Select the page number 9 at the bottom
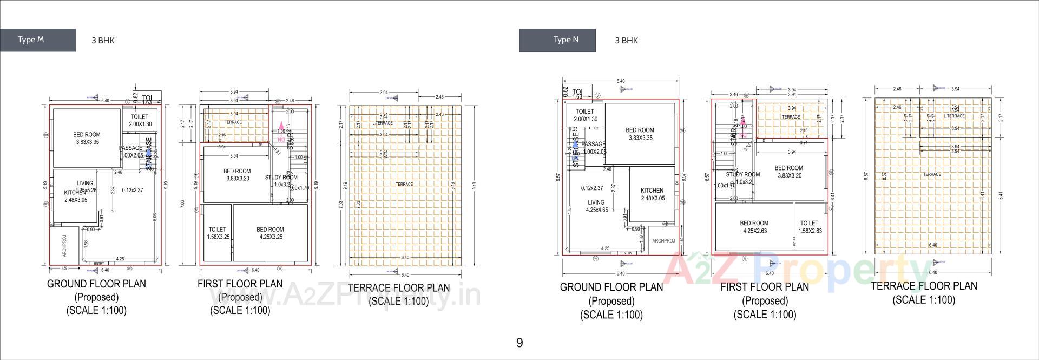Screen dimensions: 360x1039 pos(519,343)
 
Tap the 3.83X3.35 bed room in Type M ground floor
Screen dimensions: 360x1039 pos(87,138)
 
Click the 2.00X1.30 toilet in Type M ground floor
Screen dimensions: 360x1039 pos(140,120)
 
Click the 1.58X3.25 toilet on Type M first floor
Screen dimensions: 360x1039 pos(217,233)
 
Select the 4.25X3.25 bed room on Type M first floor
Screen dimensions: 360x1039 pos(270,233)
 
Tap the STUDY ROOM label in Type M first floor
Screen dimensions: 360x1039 pos(281,178)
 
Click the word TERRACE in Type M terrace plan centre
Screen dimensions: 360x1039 pos(404,184)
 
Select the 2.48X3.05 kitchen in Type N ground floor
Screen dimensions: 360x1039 pos(652,194)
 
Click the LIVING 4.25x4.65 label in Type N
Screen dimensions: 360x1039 pos(597,206)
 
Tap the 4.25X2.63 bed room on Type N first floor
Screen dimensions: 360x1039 pos(754,227)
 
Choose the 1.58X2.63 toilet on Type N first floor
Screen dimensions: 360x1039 pos(810,227)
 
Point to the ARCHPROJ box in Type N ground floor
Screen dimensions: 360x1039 pos(663,241)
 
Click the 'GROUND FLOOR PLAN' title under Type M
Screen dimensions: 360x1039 pos(96,284)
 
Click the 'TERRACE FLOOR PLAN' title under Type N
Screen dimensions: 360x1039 pos(924,286)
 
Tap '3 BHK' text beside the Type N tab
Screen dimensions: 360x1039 pos(626,40)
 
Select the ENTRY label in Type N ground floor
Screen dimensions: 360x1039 pos(626,253)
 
